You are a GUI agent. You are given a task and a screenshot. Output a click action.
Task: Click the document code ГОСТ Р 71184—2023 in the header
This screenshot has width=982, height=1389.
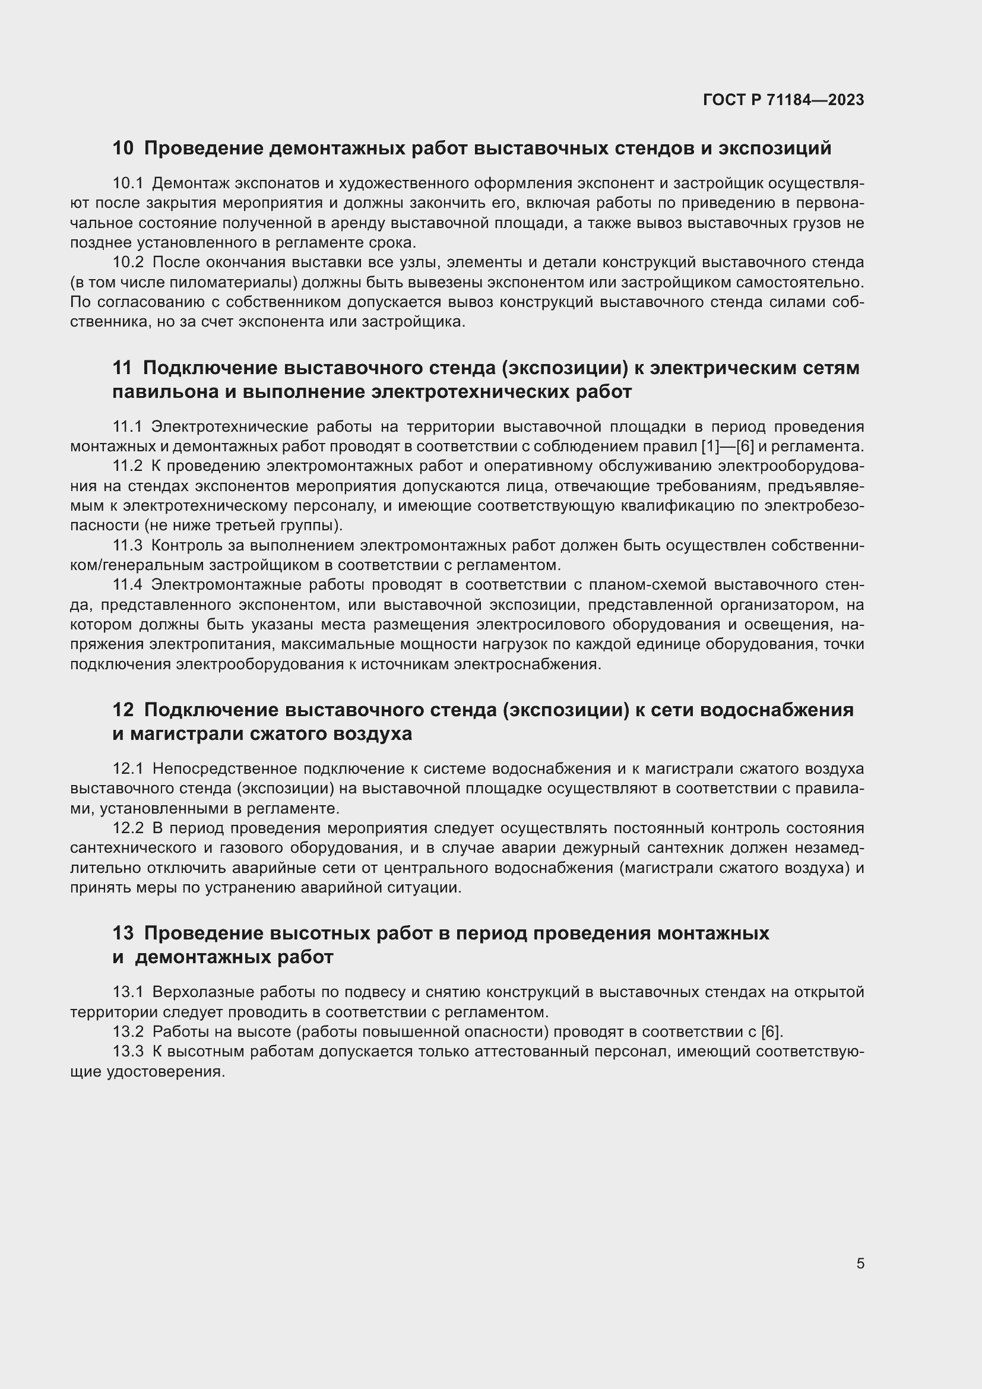click(x=784, y=100)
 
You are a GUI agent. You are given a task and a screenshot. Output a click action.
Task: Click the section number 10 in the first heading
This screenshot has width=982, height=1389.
click(x=123, y=148)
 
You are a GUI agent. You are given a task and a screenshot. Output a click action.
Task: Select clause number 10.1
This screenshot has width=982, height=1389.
click(x=128, y=183)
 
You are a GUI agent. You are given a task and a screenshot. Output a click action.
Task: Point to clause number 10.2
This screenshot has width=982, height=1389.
click(x=128, y=262)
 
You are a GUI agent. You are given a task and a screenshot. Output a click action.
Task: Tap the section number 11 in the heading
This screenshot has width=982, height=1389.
click(x=122, y=368)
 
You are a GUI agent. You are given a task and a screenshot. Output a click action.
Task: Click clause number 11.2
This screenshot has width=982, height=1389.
click(x=128, y=466)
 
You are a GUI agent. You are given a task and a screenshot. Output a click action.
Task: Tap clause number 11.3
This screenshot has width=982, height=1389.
click(x=128, y=546)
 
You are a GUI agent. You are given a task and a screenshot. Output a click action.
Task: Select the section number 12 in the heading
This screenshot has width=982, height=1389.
click(x=123, y=710)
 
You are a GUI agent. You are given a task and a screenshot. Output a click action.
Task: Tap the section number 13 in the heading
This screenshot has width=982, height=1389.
click(x=123, y=933)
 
